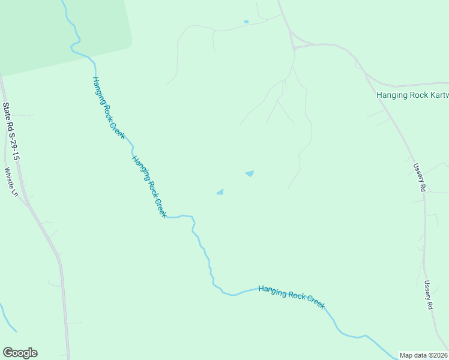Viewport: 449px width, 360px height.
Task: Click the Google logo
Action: pyautogui.click(x=20, y=353)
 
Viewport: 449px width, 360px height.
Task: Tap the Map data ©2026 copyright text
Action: pyautogui.click(x=423, y=355)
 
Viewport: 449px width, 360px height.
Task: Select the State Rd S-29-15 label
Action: pyautogui.click(x=11, y=131)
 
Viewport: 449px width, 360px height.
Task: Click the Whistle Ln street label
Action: pyautogui.click(x=11, y=182)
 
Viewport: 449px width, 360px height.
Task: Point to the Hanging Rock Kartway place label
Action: pyautogui.click(x=412, y=95)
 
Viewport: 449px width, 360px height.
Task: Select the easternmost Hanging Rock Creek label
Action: pyautogui.click(x=292, y=296)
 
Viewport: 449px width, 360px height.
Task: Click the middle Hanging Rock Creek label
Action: pyautogui.click(x=149, y=187)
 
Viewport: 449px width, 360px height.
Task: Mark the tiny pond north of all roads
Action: pyautogui.click(x=246, y=22)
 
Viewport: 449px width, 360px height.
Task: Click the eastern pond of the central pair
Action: pyautogui.click(x=249, y=174)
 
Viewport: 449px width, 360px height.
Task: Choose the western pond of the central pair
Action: pyautogui.click(x=220, y=192)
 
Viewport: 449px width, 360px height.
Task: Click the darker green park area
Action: pyautogui.click(x=60, y=30)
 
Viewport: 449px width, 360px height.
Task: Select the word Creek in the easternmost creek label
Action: pyautogui.click(x=315, y=301)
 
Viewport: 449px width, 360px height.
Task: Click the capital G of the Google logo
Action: pyautogui.click(x=8, y=353)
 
